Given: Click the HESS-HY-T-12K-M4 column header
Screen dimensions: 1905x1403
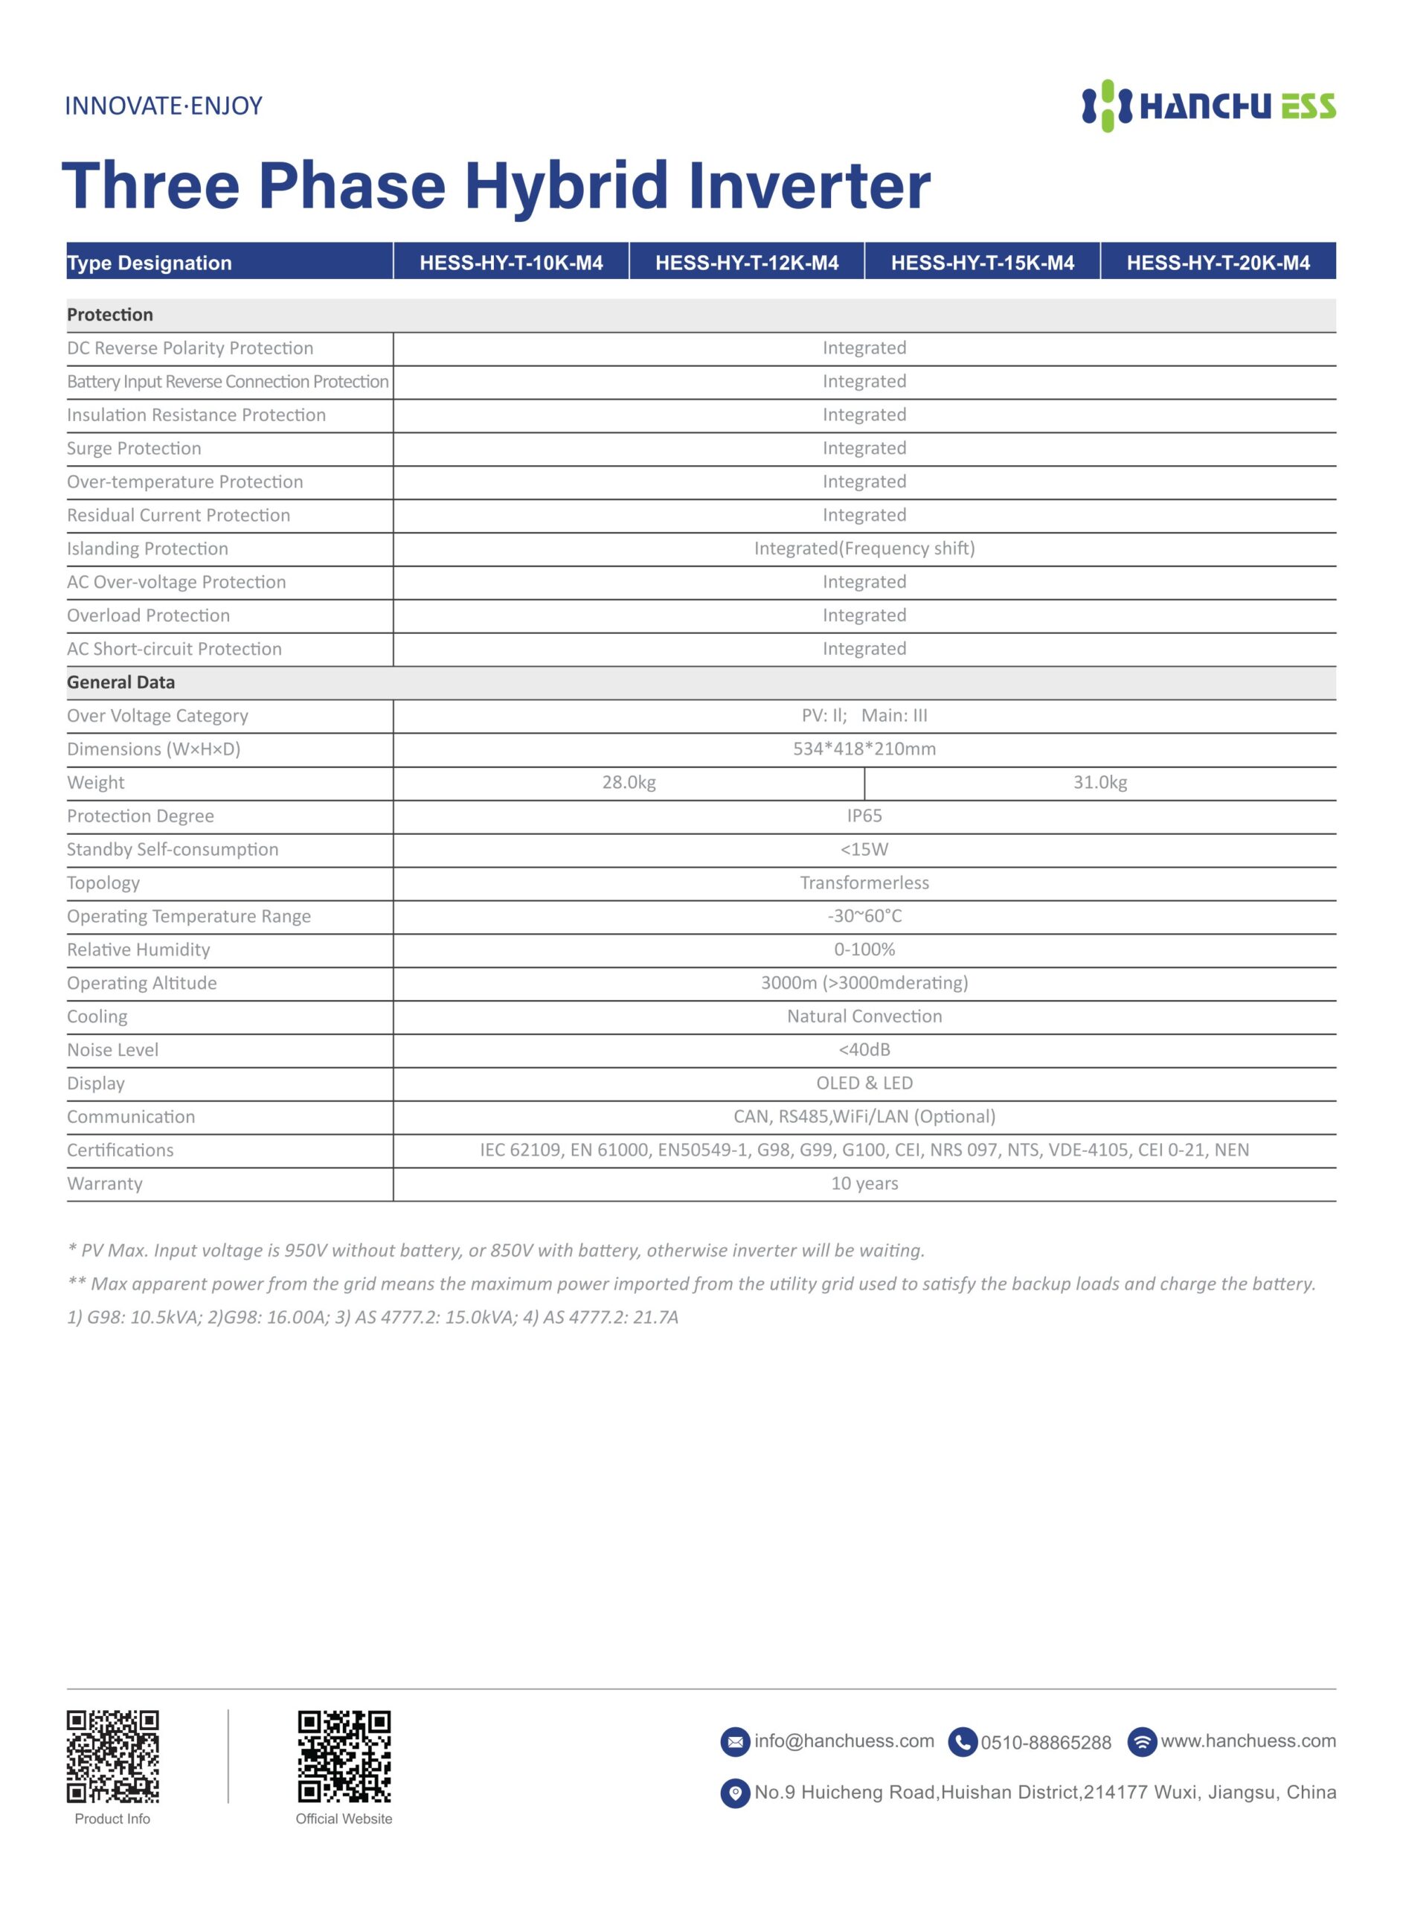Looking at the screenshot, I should (x=747, y=263).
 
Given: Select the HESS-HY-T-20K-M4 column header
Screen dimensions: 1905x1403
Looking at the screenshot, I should (x=1218, y=263).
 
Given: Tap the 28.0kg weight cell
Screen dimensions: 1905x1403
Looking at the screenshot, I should (x=629, y=782).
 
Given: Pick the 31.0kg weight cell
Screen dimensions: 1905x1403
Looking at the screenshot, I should (x=1099, y=782).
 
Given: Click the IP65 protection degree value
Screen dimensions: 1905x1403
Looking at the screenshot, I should (x=864, y=816).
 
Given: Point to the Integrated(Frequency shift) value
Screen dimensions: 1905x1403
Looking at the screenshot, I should (x=864, y=548).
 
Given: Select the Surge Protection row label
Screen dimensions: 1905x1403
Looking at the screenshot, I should (x=134, y=449).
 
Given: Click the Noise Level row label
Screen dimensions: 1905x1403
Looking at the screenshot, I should (x=113, y=1050).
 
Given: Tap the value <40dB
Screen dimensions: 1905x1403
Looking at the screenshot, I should (x=864, y=1050).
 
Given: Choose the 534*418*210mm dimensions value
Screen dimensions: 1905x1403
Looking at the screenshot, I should (x=864, y=749).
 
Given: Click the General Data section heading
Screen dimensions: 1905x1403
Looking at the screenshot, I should (x=121, y=682).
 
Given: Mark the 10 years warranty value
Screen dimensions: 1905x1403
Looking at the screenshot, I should (x=864, y=1183).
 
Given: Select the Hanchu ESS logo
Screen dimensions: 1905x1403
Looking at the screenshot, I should (x=1207, y=106).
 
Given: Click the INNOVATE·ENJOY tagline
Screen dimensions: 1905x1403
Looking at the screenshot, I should (x=164, y=106).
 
